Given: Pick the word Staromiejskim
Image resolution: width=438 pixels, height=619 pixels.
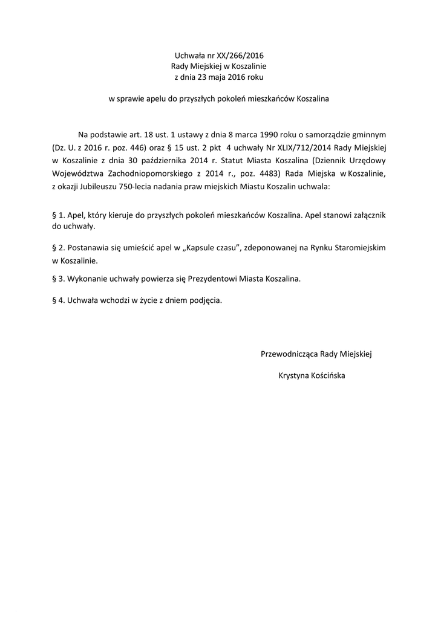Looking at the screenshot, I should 357,248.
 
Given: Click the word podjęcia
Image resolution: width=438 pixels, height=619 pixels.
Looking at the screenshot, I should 206,300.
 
